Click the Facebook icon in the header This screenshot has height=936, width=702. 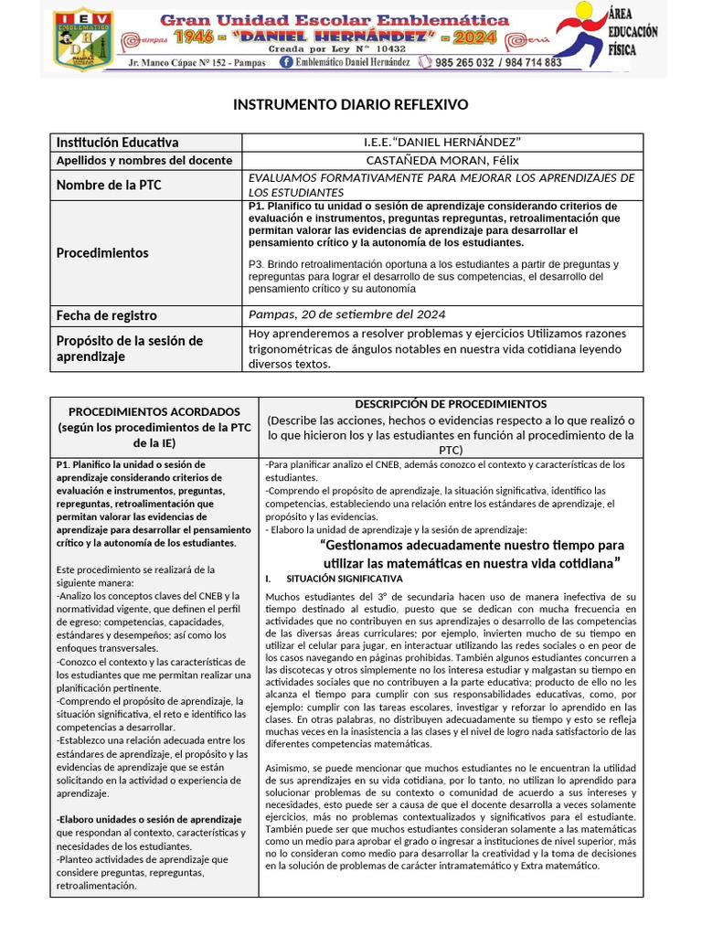286,62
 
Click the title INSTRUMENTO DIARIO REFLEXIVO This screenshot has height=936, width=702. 351,105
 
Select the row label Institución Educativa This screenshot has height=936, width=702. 118,142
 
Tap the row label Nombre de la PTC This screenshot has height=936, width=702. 110,185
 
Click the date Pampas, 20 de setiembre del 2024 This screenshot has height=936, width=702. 347,314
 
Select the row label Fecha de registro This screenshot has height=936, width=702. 107,314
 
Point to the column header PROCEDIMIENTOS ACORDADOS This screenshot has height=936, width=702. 154,411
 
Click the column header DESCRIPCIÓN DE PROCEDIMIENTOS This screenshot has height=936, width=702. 450,403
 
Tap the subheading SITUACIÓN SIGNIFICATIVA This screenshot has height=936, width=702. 344,579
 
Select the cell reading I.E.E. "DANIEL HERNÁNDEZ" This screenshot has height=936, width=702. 442,142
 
